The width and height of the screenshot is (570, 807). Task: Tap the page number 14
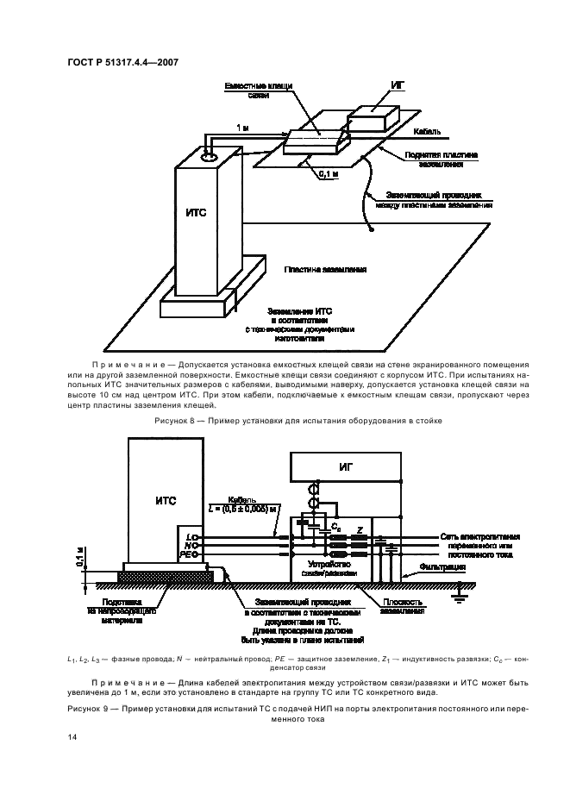[x=72, y=736]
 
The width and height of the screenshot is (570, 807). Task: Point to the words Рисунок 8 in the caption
[x=175, y=420]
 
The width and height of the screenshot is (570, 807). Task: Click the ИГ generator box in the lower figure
[x=345, y=466]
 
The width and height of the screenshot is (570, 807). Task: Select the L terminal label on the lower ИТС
[x=186, y=536]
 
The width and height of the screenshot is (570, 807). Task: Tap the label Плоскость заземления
[x=402, y=606]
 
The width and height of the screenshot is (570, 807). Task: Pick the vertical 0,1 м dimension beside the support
[x=81, y=558]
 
